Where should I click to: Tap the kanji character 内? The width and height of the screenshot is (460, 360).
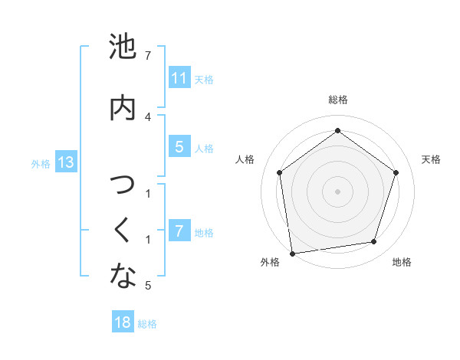click(x=123, y=107)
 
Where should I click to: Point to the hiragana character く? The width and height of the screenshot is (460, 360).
click(x=123, y=230)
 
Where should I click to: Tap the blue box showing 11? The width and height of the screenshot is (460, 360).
click(x=179, y=78)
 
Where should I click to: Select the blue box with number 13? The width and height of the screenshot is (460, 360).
click(x=65, y=162)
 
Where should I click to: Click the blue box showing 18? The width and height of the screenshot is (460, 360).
click(x=123, y=322)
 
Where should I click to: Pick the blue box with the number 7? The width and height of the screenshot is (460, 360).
click(x=179, y=231)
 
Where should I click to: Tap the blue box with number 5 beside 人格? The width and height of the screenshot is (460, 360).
click(x=179, y=147)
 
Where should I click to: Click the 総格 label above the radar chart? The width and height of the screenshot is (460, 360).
click(x=338, y=100)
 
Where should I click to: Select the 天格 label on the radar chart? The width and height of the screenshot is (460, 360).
click(x=432, y=159)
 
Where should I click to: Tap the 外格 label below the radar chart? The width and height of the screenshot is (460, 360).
click(x=270, y=262)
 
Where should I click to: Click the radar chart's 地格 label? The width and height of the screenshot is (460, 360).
click(x=402, y=262)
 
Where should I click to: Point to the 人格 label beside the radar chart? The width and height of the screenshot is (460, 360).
click(x=245, y=159)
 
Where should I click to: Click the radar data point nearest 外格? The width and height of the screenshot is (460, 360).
click(x=292, y=253)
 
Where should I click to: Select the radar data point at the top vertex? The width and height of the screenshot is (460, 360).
click(x=338, y=130)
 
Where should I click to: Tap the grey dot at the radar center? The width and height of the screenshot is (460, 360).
click(x=338, y=190)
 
